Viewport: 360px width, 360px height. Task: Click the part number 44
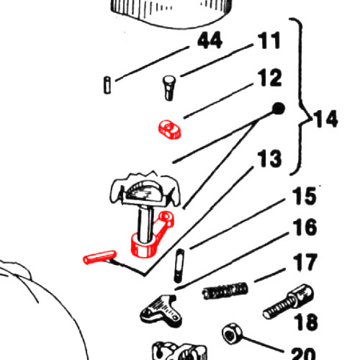(x=210, y=40)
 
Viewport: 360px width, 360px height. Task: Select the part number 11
(x=269, y=40)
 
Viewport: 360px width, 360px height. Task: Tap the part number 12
(x=270, y=78)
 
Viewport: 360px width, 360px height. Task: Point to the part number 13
(x=269, y=158)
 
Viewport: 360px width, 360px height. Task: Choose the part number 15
(x=305, y=197)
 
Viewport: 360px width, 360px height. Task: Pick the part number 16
(x=305, y=227)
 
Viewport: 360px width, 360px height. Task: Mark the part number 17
(x=305, y=262)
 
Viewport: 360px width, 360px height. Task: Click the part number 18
(x=306, y=322)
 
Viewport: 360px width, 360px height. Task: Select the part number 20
(x=303, y=354)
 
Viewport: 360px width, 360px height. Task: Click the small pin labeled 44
(x=107, y=85)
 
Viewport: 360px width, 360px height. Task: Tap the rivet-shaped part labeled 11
(x=169, y=88)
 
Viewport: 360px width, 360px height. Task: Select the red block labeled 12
(x=170, y=130)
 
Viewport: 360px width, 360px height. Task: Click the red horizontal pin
(x=99, y=258)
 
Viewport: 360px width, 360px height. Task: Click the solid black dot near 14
(x=279, y=109)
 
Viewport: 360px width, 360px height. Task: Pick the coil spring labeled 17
(x=225, y=291)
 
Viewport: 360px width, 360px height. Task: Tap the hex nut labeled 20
(x=232, y=334)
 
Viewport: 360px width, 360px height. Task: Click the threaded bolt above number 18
(x=288, y=302)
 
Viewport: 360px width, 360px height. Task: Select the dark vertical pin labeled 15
(x=179, y=266)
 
